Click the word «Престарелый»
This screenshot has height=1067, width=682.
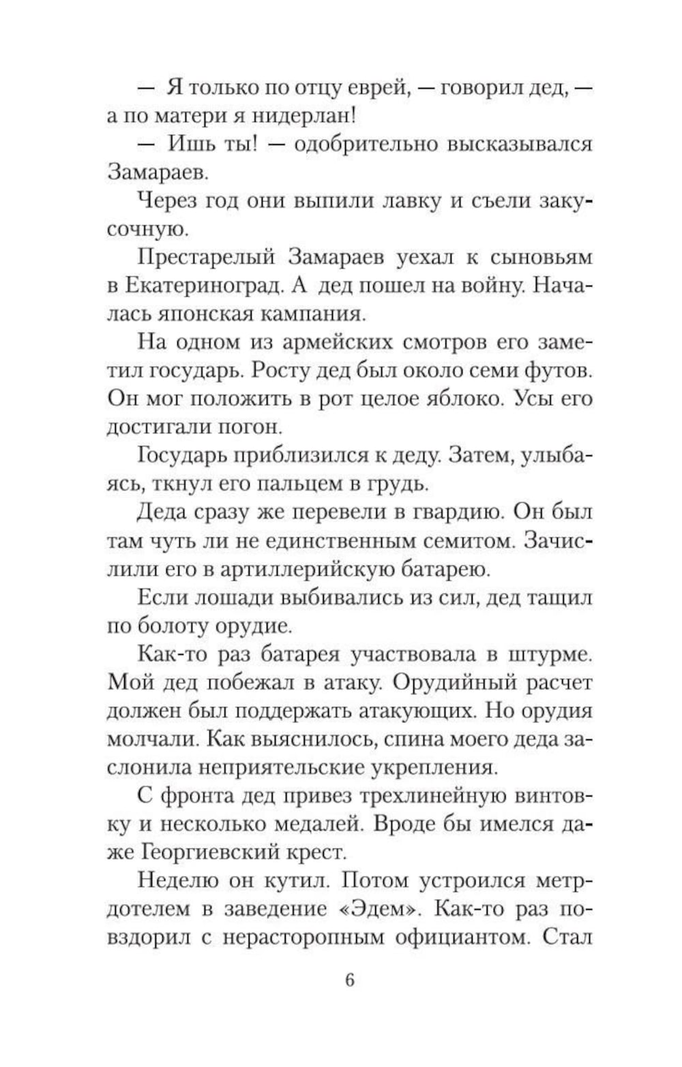coord(206,258)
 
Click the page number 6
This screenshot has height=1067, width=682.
coord(350,980)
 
